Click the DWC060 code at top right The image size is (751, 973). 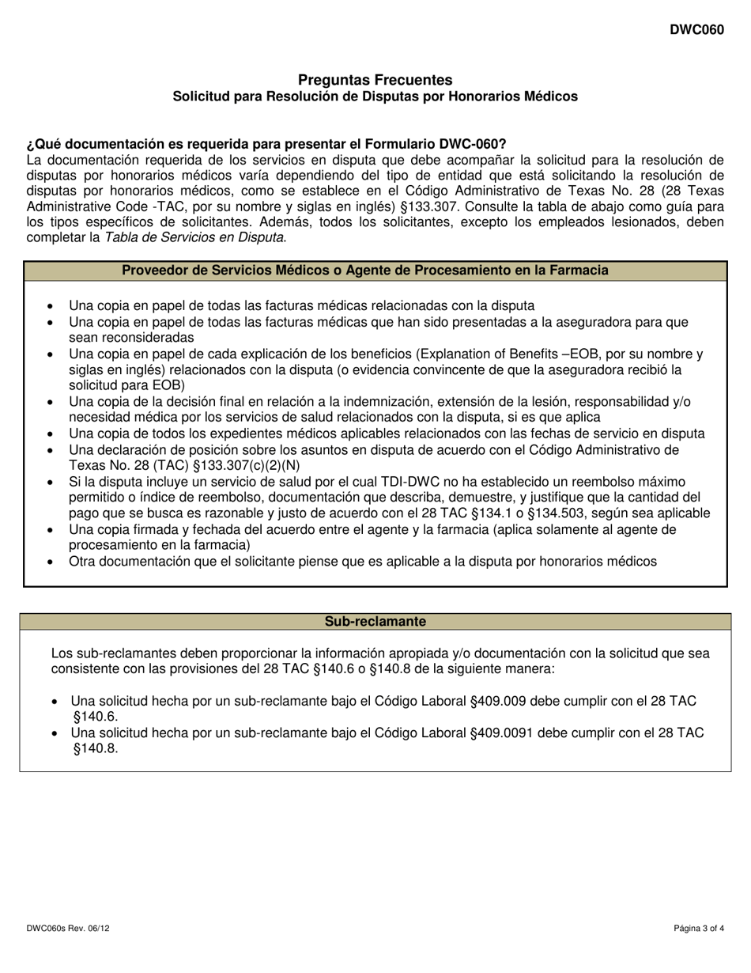coord(696,29)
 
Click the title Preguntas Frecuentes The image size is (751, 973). coord(375,80)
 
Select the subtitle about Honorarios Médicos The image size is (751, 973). coord(375,97)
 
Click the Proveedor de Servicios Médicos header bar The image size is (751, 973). coord(375,271)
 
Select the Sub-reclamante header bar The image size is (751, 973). coord(375,622)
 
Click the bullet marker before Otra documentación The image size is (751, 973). coord(51,562)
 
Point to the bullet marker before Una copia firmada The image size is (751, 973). coord(51,530)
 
